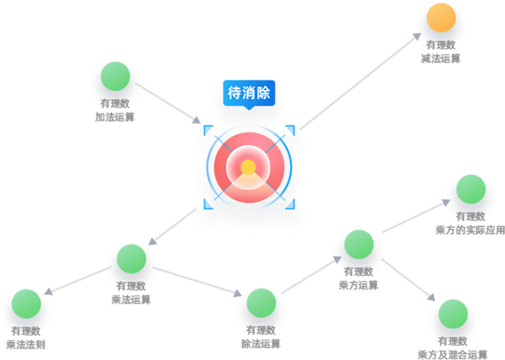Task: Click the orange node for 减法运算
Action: (440, 17)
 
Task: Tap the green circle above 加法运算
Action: (115, 76)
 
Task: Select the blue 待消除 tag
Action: (249, 93)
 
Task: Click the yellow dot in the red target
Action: (248, 167)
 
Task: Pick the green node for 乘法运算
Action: (132, 258)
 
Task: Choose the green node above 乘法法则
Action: (26, 304)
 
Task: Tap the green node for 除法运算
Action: (261, 303)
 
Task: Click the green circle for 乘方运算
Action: (359, 245)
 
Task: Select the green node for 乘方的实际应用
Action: (471, 189)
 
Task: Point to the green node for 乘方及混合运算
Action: (453, 314)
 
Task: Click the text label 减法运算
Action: (440, 59)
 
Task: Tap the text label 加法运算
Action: (115, 117)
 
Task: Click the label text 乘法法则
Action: (25, 345)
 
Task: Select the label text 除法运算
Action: (261, 344)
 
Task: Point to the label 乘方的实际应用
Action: (470, 230)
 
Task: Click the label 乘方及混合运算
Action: (452, 355)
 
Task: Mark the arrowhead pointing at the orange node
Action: (417, 37)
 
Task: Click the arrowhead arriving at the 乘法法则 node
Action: (48, 291)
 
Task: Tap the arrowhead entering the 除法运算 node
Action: (238, 293)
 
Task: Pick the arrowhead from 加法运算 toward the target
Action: (196, 120)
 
